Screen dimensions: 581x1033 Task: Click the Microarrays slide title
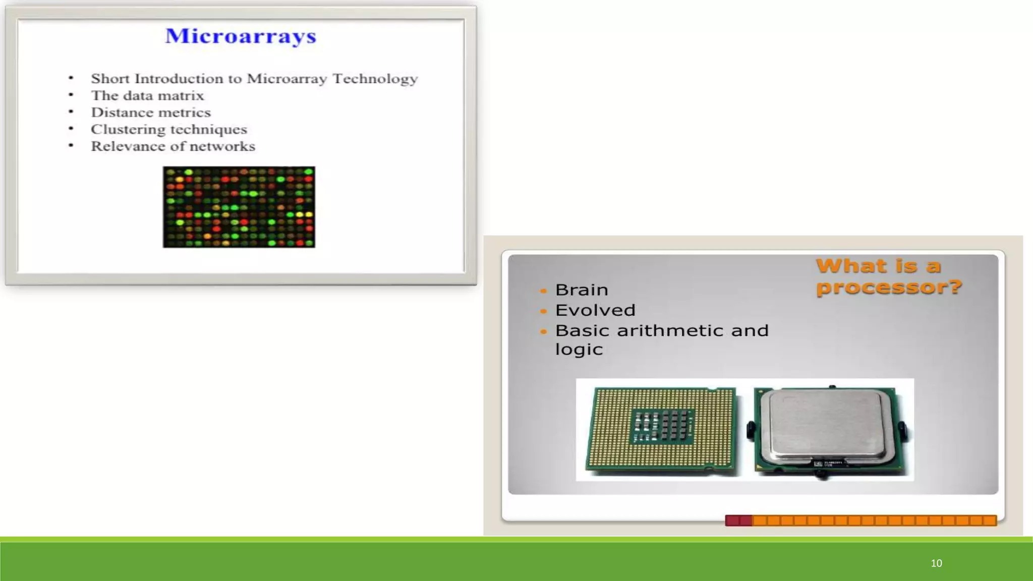tap(241, 36)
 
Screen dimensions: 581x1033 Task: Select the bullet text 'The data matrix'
tap(147, 95)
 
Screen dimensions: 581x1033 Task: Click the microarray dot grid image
tap(239, 207)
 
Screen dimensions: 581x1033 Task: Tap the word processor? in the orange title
tap(889, 287)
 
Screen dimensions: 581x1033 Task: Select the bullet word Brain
tap(582, 290)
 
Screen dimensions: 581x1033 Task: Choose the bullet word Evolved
tap(595, 310)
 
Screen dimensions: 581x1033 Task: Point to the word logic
tap(579, 349)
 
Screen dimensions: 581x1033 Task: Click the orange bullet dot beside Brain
tap(543, 291)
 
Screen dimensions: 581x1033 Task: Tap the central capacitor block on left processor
tap(662, 427)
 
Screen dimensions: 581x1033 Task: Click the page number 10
tap(936, 563)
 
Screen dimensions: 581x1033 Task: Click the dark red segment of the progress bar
tap(738, 520)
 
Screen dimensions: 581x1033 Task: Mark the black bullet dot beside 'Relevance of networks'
tap(71, 146)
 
